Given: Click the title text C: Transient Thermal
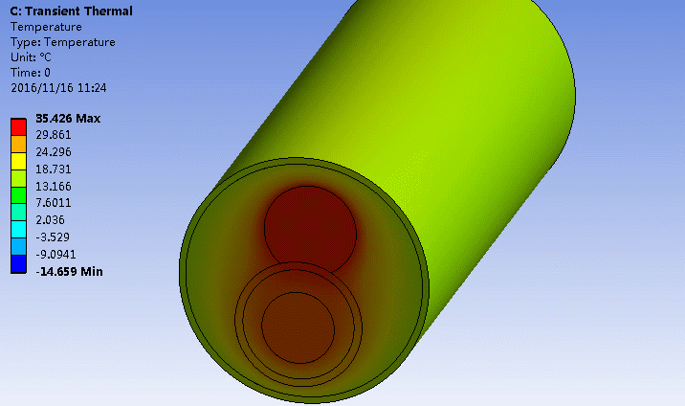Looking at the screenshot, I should pos(70,11).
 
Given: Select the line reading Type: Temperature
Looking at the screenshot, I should pos(62,42).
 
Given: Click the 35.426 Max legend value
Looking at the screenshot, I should pos(68,119).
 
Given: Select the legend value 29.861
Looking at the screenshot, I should pos(54,135).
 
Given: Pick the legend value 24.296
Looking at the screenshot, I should pos(54,152).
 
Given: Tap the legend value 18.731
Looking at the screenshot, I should pos(54,169).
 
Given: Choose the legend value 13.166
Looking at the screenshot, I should pos(54,186).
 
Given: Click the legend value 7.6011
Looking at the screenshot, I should pos(54,203).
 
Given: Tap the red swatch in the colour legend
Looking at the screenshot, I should pos(18,125).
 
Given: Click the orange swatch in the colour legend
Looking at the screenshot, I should pos(18,143).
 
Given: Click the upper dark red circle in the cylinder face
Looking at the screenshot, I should pos(309,229).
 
